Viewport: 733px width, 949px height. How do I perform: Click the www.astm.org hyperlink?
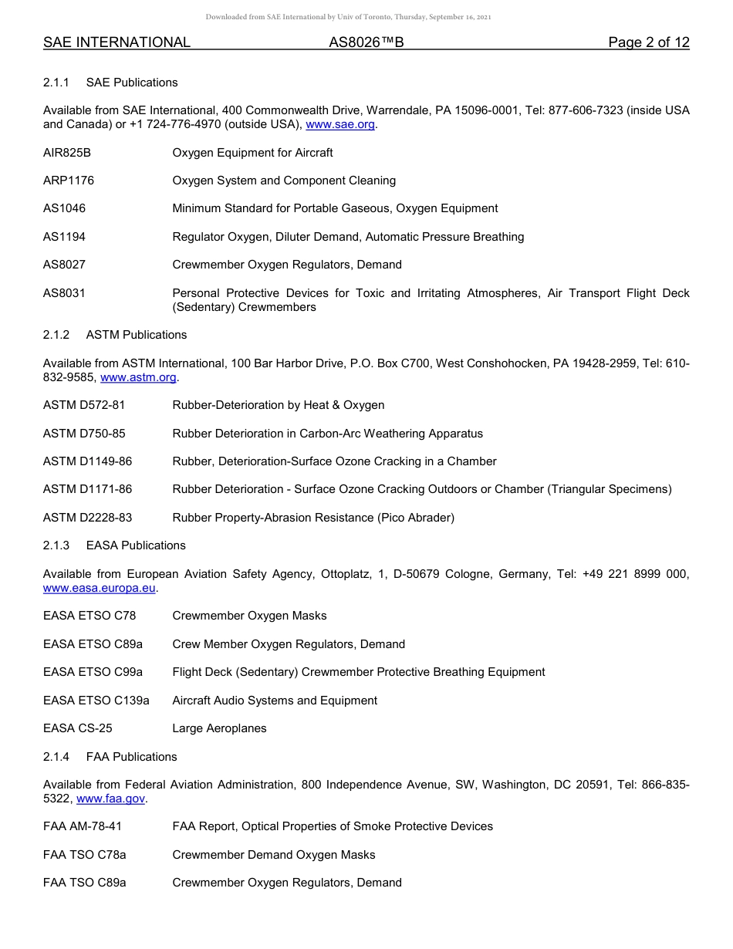[139, 377]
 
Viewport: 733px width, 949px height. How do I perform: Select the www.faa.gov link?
[111, 799]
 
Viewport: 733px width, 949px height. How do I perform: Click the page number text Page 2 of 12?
[648, 42]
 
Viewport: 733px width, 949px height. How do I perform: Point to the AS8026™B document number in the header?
[366, 42]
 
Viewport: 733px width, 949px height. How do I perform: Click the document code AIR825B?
[67, 153]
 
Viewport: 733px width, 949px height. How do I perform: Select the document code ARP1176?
[69, 181]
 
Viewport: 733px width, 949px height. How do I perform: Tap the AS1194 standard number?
[64, 237]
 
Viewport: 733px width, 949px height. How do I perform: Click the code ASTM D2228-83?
[87, 518]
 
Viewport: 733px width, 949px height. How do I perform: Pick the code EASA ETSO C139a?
[96, 701]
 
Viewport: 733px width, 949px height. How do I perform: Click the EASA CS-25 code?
[77, 728]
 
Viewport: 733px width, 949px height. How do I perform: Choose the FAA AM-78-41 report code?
[82, 826]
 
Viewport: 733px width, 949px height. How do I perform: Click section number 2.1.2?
[56, 335]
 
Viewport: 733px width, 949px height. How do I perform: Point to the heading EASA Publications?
[136, 545]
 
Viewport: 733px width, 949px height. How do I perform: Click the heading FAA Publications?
[132, 757]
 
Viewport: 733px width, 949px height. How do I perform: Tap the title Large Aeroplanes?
[219, 728]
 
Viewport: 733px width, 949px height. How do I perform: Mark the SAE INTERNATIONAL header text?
[117, 42]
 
